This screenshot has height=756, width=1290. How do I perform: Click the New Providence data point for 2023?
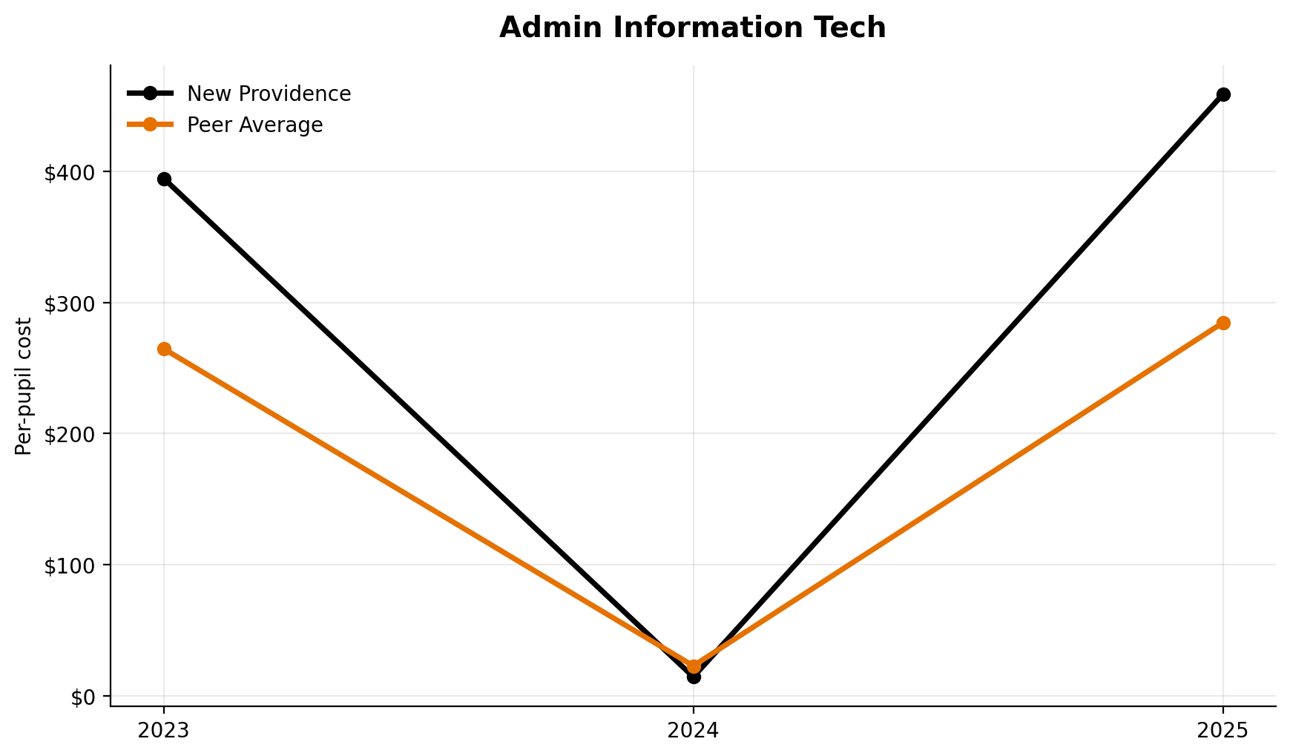(164, 179)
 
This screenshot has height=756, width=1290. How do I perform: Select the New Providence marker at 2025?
(1223, 94)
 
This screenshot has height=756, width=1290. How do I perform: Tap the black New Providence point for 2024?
(694, 677)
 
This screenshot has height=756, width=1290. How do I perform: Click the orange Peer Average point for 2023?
(164, 349)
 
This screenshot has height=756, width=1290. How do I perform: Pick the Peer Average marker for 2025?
(1223, 323)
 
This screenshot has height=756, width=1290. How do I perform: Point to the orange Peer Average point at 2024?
(694, 666)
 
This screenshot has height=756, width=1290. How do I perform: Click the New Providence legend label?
(269, 93)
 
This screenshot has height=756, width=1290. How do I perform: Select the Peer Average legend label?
(254, 125)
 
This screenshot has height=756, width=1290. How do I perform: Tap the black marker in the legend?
(150, 93)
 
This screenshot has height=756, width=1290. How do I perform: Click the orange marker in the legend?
(150, 125)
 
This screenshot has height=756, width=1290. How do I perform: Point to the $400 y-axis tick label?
(70, 173)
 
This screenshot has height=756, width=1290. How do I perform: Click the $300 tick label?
(70, 303)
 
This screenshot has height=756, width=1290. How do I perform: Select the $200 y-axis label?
(70, 435)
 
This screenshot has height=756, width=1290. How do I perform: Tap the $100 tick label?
(70, 565)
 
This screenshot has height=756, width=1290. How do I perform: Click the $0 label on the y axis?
(82, 697)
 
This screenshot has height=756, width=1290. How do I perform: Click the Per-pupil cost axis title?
(24, 386)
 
